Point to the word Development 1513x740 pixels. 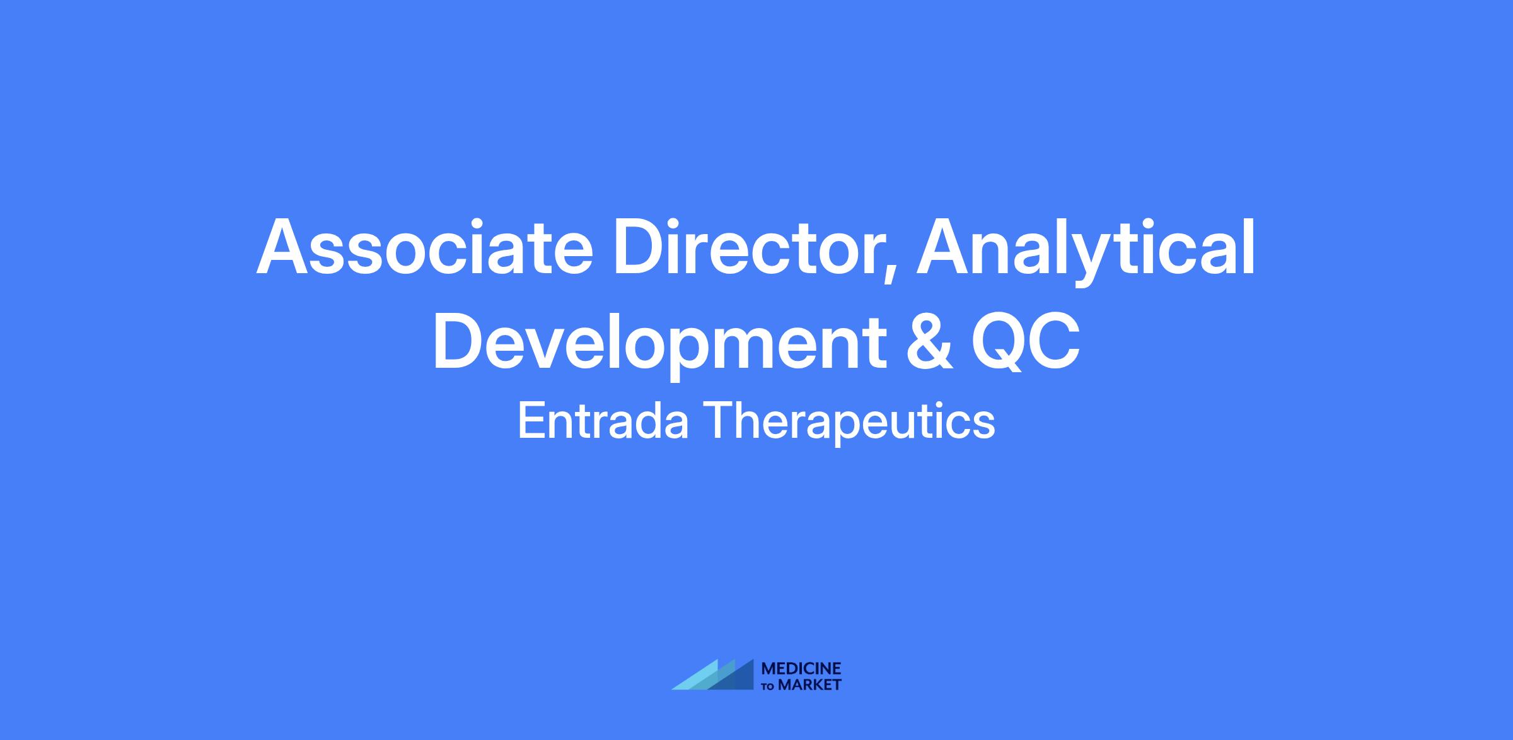pyautogui.click(x=659, y=343)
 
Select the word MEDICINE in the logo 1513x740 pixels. pyautogui.click(x=801, y=669)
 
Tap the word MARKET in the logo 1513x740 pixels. pyautogui.click(x=809, y=685)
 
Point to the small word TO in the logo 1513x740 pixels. pyautogui.click(x=768, y=686)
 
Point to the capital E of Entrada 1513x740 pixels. pyautogui.click(x=531, y=420)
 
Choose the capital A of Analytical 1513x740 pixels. pyautogui.click(x=943, y=247)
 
